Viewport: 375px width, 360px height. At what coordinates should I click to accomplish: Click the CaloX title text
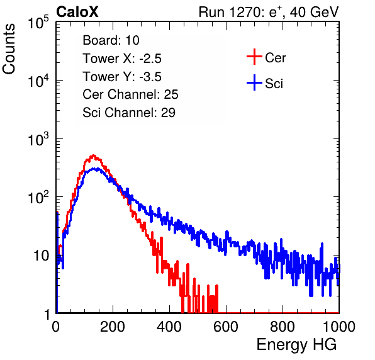(77, 12)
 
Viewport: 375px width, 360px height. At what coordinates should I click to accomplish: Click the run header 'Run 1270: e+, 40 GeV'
(269, 12)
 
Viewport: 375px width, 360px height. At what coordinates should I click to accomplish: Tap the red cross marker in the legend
(254, 57)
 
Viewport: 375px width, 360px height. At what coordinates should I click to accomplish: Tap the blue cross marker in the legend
(254, 82)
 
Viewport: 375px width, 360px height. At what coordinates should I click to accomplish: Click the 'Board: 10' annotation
(111, 40)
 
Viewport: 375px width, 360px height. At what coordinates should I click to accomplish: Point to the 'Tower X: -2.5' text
(122, 59)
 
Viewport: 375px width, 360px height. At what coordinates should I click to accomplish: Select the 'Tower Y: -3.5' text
(122, 77)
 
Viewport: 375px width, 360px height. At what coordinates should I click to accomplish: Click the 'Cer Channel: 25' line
(130, 94)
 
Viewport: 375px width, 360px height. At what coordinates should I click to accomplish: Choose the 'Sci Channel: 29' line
(129, 113)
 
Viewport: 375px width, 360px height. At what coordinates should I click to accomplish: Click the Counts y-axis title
(9, 49)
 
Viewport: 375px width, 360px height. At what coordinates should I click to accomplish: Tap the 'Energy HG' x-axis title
(296, 345)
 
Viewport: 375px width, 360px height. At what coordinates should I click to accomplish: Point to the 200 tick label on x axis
(113, 327)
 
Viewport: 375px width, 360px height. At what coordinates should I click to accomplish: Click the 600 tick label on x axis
(226, 327)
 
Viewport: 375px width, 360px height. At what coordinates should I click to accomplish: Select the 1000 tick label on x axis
(339, 327)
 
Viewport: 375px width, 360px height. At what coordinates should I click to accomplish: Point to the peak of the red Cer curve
(93, 155)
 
